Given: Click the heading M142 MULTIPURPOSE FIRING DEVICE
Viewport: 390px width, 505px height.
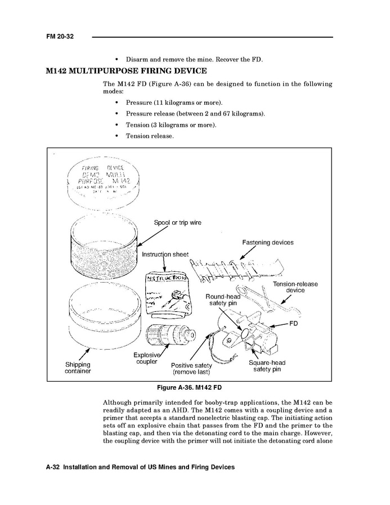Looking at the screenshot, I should click(126, 71).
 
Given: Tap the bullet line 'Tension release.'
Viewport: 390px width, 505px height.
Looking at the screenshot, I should click(150, 136).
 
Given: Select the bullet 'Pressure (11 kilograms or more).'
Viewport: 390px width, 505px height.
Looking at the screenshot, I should click(174, 102).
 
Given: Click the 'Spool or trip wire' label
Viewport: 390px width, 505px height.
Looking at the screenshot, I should click(177, 222).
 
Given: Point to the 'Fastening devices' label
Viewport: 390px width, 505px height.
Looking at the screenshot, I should click(268, 243).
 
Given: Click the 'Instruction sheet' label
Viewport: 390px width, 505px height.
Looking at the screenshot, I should click(165, 254).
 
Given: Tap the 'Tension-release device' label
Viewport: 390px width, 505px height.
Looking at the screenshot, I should click(295, 287).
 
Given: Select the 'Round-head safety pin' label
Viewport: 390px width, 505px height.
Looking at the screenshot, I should click(225, 300).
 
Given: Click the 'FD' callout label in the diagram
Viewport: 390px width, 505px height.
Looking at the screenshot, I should click(293, 324).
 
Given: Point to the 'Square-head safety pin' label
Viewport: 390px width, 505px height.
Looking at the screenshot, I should click(267, 366).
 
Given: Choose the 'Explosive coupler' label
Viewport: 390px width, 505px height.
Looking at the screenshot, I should click(147, 358).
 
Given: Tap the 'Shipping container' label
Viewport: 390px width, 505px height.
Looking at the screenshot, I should click(78, 368).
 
